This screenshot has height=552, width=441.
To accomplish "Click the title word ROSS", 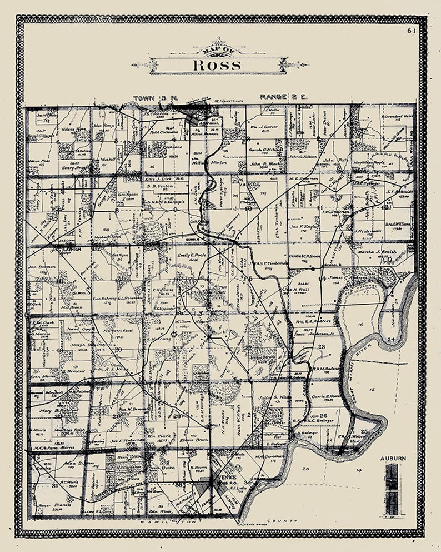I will pyautogui.click(x=217, y=64).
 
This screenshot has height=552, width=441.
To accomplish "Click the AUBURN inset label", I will pyautogui.click(x=393, y=459).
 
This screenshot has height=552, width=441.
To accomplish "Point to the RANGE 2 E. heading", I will pyautogui.click(x=284, y=97).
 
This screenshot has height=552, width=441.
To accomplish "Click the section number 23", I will pyautogui.click(x=321, y=346).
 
